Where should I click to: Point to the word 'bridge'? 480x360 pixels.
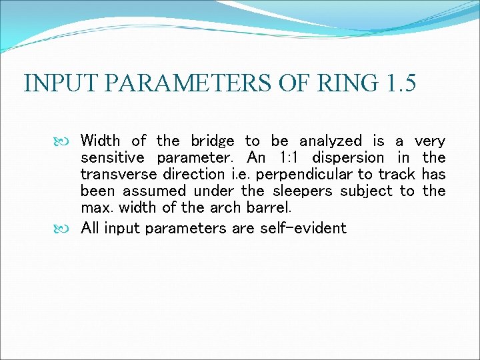(x=212, y=141)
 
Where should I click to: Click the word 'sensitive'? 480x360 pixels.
(x=112, y=158)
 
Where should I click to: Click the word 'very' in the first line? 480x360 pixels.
(x=429, y=141)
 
